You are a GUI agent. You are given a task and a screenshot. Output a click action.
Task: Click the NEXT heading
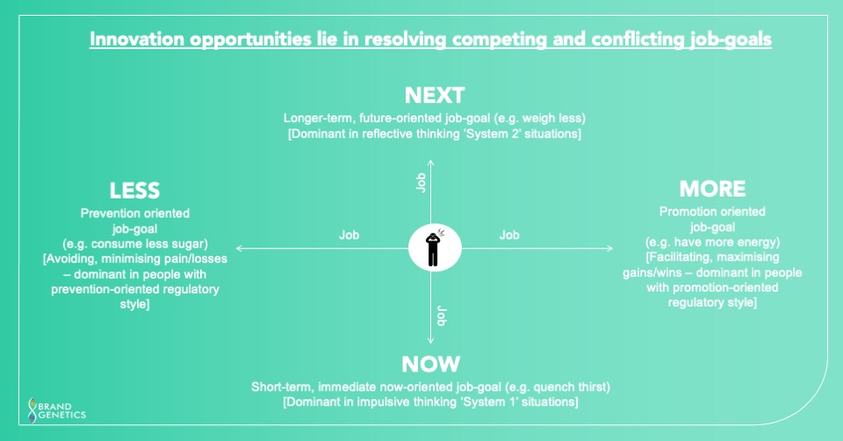point(434,96)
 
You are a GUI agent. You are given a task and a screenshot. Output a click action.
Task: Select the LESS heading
point(134,191)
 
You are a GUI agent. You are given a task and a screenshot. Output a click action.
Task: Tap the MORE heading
point(712,189)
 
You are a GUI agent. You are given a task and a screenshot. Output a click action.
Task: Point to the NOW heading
point(430,364)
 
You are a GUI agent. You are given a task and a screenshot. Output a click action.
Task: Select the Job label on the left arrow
point(349,235)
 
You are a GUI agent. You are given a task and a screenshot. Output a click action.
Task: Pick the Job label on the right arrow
point(509,235)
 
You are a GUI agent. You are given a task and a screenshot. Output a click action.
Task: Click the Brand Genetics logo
point(57,408)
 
